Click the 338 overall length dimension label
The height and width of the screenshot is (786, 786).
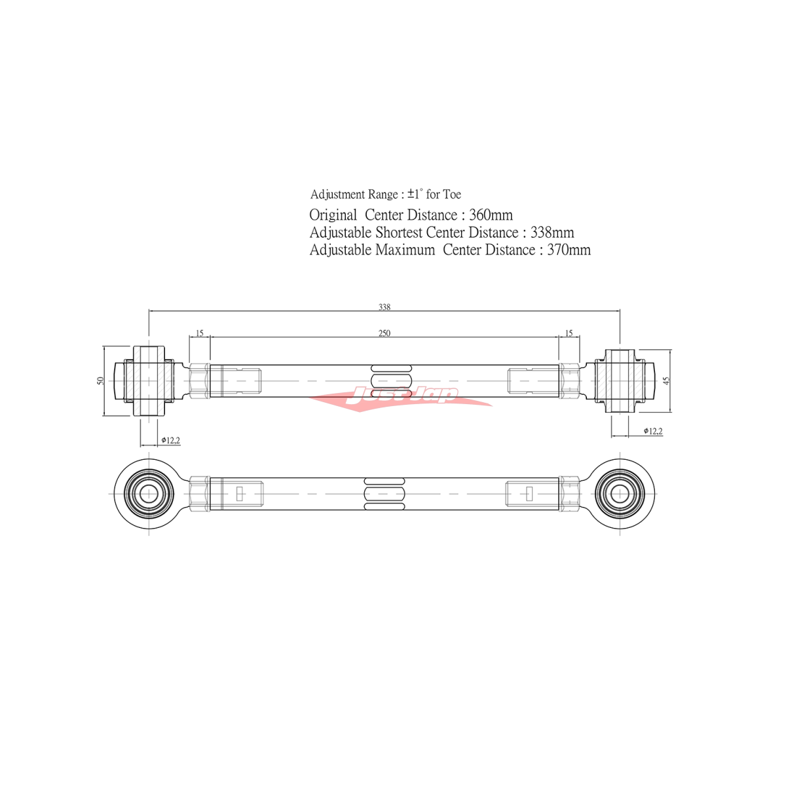384,307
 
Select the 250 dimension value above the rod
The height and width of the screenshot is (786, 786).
384,333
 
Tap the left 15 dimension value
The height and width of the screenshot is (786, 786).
200,333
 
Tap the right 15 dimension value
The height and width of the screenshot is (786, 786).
569,333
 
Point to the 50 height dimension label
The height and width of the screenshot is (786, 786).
101,381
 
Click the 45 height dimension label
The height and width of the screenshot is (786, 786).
666,381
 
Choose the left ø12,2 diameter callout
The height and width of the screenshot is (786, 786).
170,440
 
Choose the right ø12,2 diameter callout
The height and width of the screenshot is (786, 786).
653,431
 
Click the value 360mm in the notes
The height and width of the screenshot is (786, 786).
491,215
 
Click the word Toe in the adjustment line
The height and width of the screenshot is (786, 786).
452,194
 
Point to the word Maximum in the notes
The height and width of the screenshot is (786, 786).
405,250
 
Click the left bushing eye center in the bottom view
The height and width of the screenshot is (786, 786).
149,493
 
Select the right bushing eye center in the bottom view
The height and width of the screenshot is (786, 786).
620,493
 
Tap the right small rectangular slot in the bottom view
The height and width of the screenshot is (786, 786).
529,493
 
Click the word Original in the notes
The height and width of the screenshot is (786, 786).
333,215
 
